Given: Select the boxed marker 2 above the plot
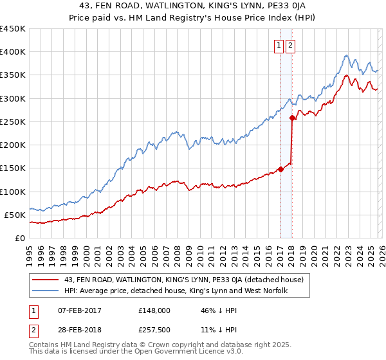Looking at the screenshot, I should tap(291, 45).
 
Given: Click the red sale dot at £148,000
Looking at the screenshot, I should tap(280, 169).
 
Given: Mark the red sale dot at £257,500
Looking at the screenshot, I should tap(292, 118).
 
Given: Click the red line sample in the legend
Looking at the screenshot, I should tap(46, 280).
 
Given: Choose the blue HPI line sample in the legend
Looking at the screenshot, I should tap(46, 291).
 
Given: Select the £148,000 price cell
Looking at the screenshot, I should tap(154, 310).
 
